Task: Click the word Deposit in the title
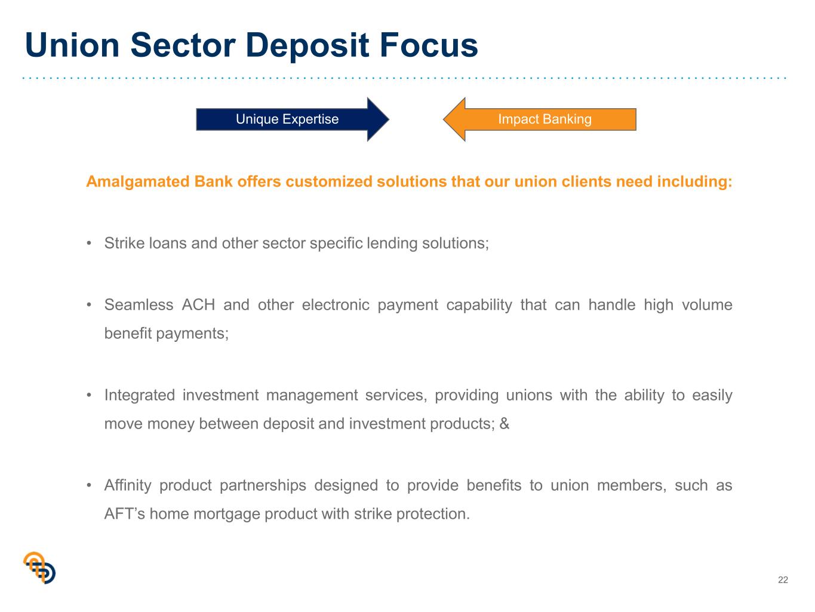pyautogui.click(x=307, y=45)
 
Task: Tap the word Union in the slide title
pyautogui.click(x=72, y=45)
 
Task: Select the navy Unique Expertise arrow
pyautogui.click(x=293, y=120)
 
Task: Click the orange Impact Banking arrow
pyautogui.click(x=540, y=120)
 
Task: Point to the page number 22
pyautogui.click(x=783, y=580)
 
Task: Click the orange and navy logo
pyautogui.click(x=39, y=567)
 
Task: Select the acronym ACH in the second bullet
pyautogui.click(x=198, y=305)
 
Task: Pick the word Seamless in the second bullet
pyautogui.click(x=139, y=305)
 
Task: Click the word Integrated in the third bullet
pyautogui.click(x=139, y=395)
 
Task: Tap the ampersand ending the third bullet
pyautogui.click(x=504, y=424)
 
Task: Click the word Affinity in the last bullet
pyautogui.click(x=128, y=485)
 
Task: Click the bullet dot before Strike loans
pyautogui.click(x=89, y=244)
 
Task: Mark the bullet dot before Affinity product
pyautogui.click(x=89, y=485)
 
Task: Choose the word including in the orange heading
pyautogui.click(x=695, y=182)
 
